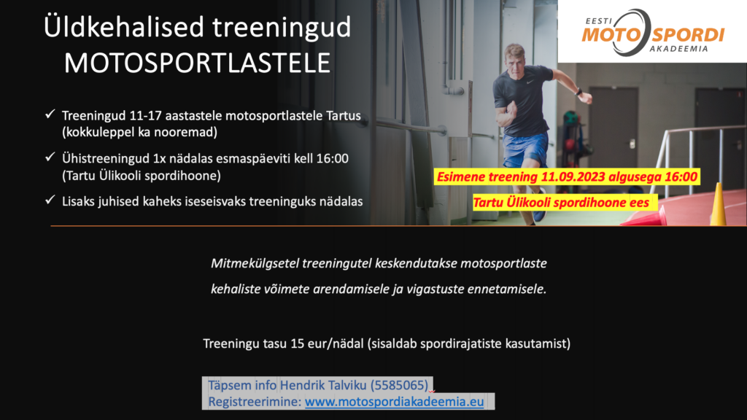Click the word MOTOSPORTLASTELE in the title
pos(197,63)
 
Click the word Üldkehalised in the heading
pos(124,27)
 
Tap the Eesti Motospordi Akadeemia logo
pos(652,32)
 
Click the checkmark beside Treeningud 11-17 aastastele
pos(50,114)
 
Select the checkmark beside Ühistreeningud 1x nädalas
pos(50,157)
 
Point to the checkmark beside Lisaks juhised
pos(50,200)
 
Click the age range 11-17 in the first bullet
pos(145,116)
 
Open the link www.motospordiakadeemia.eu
pos(395,402)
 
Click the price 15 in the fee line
pos(298,343)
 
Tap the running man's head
pos(515,57)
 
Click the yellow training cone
pos(719,205)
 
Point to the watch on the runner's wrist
pos(578,91)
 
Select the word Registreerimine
pos(255,402)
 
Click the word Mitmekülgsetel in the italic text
pos(255,264)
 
